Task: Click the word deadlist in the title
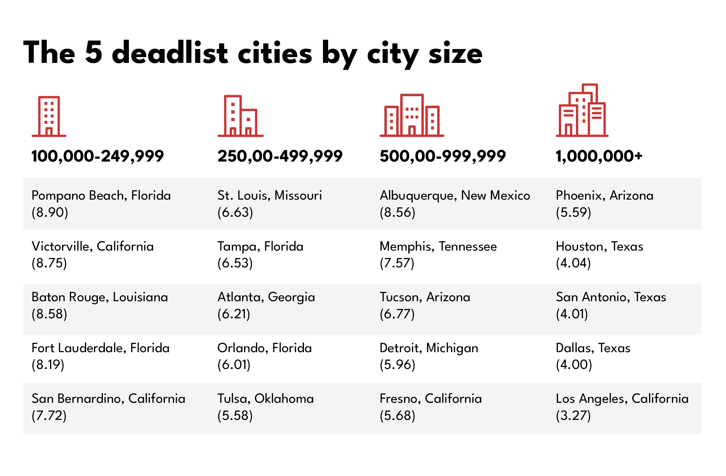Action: (x=170, y=53)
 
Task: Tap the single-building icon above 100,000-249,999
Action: (x=49, y=116)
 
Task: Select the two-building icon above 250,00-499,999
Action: (x=241, y=116)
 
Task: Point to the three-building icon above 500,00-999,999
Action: (x=412, y=115)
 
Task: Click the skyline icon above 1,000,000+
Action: (x=582, y=111)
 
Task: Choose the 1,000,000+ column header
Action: (x=599, y=156)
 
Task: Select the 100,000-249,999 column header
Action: (x=97, y=156)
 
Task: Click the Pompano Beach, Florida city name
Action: (x=101, y=196)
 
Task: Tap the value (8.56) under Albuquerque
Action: (x=397, y=213)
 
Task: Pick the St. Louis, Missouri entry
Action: (x=269, y=196)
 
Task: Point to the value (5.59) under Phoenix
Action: (x=573, y=213)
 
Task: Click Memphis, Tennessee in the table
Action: (x=438, y=247)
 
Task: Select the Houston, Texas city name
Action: (x=599, y=247)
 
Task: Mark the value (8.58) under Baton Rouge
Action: (x=49, y=314)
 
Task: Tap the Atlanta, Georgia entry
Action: (x=266, y=297)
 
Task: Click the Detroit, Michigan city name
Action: (x=429, y=348)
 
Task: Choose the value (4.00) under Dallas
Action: (x=574, y=365)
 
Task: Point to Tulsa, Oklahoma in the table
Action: (x=265, y=399)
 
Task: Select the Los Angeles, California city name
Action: (x=622, y=399)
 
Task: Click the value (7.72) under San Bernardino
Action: (x=49, y=416)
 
